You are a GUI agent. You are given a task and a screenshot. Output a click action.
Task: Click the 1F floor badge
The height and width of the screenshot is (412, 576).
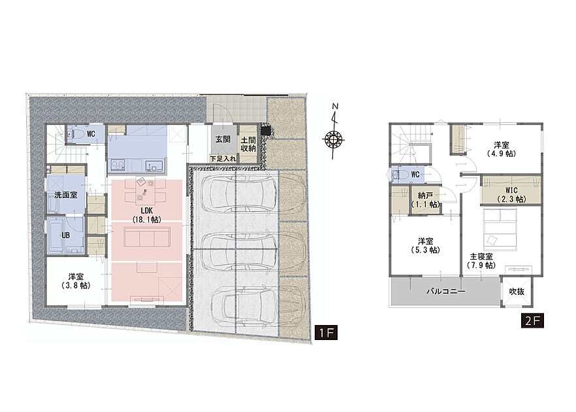327,333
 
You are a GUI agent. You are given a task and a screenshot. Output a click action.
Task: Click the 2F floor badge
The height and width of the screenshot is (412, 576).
533,320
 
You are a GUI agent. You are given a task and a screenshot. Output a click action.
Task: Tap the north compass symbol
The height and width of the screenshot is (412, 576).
334,131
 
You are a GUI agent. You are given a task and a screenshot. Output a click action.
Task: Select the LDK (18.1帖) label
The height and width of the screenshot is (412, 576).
146,215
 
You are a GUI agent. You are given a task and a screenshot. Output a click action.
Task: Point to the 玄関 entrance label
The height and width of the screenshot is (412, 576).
223,139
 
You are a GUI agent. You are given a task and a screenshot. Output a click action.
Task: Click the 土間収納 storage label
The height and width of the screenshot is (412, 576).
248,144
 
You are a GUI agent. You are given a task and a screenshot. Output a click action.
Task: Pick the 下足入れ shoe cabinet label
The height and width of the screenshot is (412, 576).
223,159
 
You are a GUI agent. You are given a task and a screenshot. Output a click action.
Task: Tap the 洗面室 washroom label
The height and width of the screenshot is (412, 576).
66,195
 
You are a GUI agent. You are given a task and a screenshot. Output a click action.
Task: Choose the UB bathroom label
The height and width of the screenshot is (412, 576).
65,235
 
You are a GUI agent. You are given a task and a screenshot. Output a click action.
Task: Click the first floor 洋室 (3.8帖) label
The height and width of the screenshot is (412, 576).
76,281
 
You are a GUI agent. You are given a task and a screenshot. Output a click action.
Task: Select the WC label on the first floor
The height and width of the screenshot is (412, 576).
91,134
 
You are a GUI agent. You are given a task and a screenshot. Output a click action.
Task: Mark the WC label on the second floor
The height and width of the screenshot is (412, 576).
415,175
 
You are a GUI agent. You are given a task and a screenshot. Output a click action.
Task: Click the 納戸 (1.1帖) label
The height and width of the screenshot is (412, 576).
425,200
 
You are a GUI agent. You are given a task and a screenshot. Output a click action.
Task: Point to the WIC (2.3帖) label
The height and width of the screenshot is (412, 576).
511,195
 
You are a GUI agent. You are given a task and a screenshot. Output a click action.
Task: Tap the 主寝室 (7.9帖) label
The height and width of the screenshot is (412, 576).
481,261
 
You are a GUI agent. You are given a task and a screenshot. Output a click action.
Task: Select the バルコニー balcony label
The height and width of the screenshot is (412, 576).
445,292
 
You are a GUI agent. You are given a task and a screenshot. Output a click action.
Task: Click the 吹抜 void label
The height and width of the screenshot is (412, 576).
517,292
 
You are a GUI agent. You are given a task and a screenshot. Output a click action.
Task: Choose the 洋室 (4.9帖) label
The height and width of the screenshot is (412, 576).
502,149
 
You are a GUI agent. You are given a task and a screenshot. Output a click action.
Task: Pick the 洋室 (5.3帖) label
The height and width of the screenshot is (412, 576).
425,245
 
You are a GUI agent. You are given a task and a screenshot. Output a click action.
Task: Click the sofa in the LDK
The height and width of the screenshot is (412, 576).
147,237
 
